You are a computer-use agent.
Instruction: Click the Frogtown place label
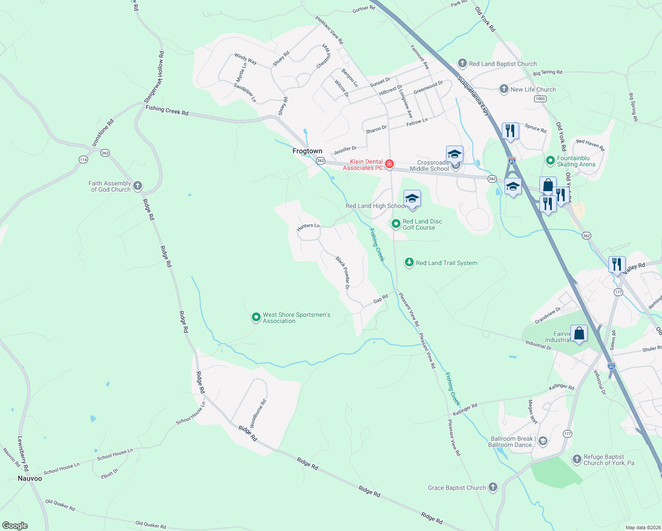307,151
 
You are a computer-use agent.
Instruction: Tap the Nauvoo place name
30,478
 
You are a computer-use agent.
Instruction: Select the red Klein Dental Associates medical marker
389,164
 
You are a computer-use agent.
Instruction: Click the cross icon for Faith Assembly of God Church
138,186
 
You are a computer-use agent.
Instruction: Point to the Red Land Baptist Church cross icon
462,63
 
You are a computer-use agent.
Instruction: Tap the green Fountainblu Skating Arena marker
550,160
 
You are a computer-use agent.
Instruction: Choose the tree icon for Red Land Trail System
409,262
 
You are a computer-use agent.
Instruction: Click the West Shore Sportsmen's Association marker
256,317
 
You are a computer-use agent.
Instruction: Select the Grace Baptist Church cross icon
493,487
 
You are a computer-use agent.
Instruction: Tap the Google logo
15,525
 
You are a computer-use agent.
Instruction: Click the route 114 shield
83,159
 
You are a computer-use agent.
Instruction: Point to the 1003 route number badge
540,99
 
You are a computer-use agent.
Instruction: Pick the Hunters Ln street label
308,227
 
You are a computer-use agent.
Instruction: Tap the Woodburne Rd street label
258,413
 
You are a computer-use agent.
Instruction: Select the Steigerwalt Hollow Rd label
154,77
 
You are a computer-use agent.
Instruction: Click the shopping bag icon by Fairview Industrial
579,333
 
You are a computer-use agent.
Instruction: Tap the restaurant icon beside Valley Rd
616,264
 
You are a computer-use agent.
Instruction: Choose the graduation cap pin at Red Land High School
412,198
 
